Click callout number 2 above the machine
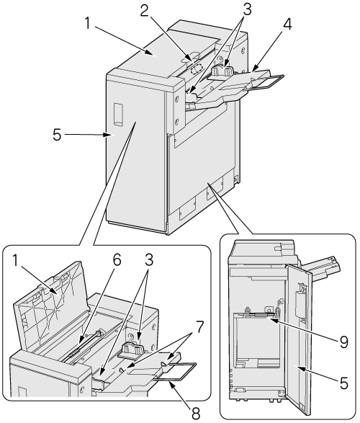coord(144,12)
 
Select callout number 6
coord(116,260)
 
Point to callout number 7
coord(199,326)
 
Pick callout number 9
coord(343,342)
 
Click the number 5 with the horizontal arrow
coord(57,134)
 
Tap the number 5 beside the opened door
coord(343,383)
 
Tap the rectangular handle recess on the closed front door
coord(119,114)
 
